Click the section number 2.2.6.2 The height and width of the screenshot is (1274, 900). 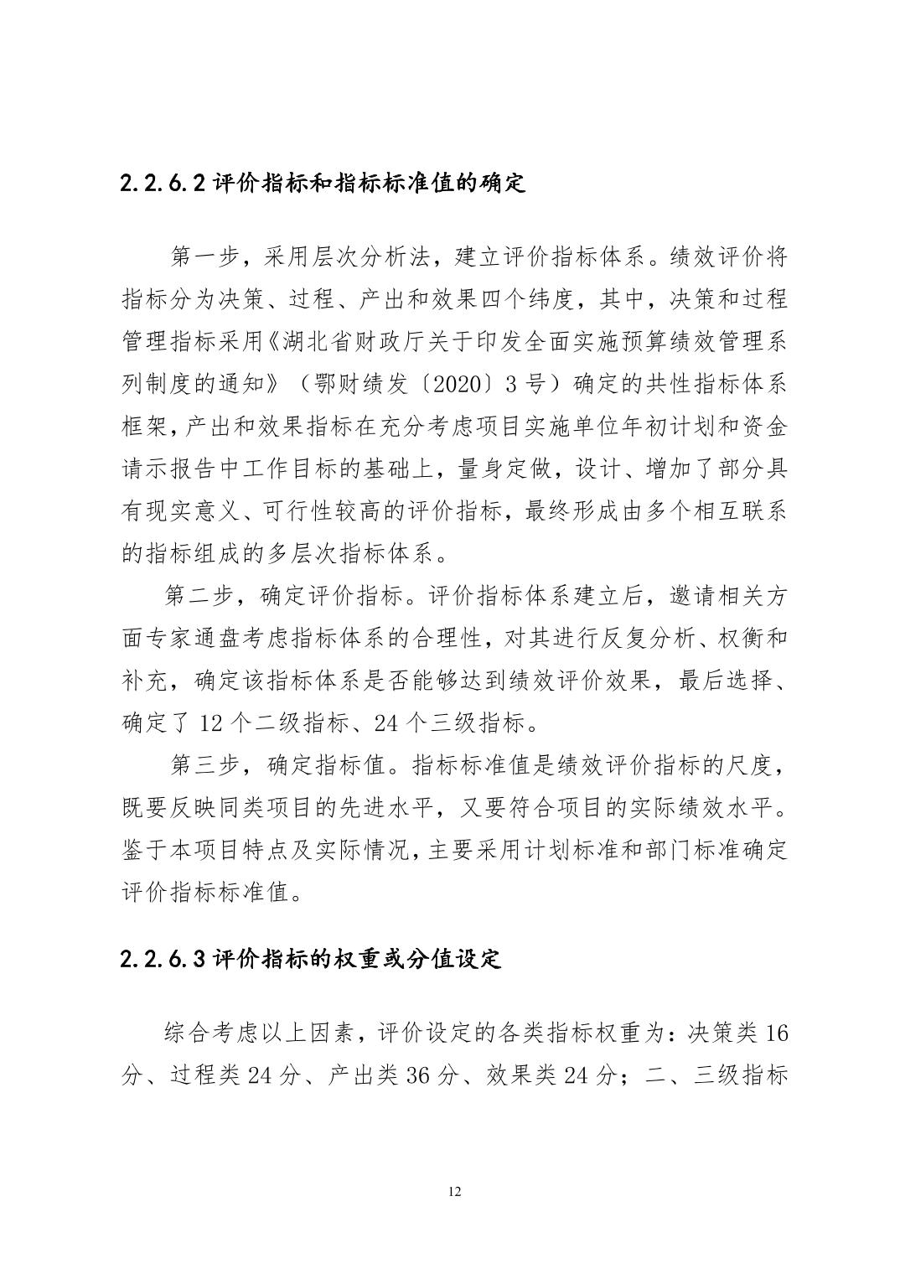pos(163,183)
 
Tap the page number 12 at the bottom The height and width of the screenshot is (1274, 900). pos(455,1192)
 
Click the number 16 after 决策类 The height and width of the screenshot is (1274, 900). pos(777,1033)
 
